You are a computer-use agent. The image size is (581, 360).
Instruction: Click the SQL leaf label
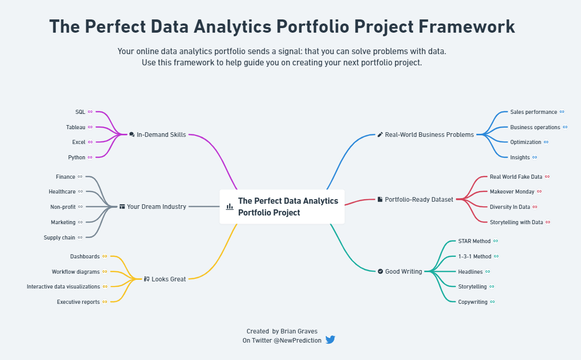[80, 112]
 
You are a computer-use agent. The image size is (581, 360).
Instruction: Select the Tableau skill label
[76, 127]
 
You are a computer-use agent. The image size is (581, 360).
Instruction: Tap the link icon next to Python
[90, 157]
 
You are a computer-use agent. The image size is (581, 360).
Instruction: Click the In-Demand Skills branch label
[161, 135]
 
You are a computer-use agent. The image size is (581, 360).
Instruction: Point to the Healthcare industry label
[62, 191]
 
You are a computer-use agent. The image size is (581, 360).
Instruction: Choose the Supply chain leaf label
[59, 237]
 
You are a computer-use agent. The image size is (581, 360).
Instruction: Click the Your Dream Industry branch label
[156, 206]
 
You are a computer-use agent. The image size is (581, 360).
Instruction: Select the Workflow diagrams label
[76, 272]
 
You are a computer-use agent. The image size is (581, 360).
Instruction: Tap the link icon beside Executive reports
[105, 302]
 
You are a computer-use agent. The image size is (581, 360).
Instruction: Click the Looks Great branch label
[168, 279]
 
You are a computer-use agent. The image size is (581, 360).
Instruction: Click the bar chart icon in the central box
[230, 206]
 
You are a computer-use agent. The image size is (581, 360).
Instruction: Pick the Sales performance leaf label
[534, 112]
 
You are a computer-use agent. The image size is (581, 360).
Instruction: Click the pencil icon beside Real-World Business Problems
[380, 135]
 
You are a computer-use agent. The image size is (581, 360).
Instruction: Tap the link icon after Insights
[535, 157]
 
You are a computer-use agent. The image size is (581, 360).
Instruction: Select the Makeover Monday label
[512, 191]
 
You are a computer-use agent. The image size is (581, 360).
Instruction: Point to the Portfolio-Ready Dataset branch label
[419, 200]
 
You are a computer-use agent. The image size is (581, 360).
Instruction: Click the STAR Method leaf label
[474, 241]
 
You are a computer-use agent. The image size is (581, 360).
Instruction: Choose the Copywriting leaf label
[473, 302]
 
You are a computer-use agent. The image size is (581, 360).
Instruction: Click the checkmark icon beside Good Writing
[380, 271]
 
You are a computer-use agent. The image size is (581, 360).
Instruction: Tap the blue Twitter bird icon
[330, 340]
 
